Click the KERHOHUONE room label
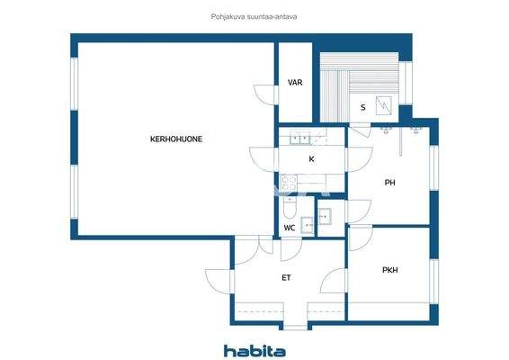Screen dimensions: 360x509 175,139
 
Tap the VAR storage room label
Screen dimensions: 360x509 294,83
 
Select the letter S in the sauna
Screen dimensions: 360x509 362,108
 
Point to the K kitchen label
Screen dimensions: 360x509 311,159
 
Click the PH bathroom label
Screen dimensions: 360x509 389,183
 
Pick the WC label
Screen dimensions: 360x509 289,228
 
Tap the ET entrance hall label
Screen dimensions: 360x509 286,277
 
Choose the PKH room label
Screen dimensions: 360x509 389,269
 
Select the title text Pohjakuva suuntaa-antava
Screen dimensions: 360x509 254,14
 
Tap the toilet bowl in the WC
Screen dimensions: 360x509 289,211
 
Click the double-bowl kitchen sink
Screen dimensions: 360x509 299,138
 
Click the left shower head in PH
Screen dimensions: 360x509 388,131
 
